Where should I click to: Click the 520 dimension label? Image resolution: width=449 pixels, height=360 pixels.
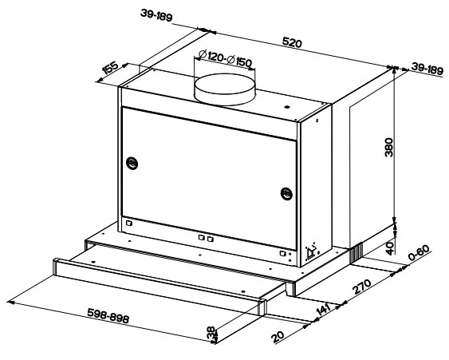pyautogui.click(x=292, y=43)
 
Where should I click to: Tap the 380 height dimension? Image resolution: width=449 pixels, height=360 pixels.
pyautogui.click(x=389, y=148)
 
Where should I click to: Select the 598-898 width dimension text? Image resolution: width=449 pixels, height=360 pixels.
pyautogui.click(x=108, y=315)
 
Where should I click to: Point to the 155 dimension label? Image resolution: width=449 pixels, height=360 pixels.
pyautogui.click(x=110, y=68)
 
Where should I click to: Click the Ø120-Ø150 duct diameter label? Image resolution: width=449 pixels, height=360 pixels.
pyautogui.click(x=226, y=58)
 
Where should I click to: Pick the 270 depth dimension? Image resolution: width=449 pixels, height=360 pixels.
pyautogui.click(x=362, y=287)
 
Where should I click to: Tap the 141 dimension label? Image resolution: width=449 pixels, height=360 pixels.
pyautogui.click(x=324, y=310)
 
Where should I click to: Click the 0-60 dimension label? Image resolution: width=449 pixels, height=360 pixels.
pyautogui.click(x=419, y=252)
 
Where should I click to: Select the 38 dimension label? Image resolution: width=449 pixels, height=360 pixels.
pyautogui.click(x=211, y=334)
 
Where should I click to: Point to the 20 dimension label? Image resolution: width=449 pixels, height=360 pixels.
pyautogui.click(x=278, y=337)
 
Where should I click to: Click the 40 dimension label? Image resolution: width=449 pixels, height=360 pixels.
pyautogui.click(x=390, y=248)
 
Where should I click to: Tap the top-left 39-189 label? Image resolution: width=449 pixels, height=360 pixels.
pyautogui.click(x=156, y=15)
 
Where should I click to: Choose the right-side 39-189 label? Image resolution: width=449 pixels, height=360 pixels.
pyautogui.click(x=427, y=69)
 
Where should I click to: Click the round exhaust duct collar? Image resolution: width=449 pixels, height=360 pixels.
pyautogui.click(x=225, y=89)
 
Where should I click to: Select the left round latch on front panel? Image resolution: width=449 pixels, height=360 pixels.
pyautogui.click(x=132, y=164)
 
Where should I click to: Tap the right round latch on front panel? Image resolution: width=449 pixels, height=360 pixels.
pyautogui.click(x=286, y=194)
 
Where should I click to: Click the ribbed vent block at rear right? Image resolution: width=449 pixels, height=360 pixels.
pyautogui.click(x=356, y=252)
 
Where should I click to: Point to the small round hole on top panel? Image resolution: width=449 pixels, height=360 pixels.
pyautogui.click(x=286, y=108)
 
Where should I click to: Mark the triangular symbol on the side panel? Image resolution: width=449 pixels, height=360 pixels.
pyautogui.click(x=311, y=253)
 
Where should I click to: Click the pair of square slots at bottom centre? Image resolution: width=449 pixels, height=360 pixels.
pyautogui.click(x=206, y=238)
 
